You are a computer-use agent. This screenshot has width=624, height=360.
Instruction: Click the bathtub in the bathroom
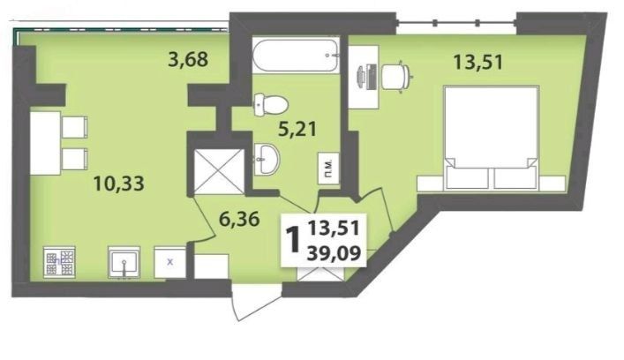(296, 55)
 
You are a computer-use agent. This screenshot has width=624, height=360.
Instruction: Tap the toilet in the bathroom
(271, 104)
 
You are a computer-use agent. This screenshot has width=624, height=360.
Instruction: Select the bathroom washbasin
(266, 159)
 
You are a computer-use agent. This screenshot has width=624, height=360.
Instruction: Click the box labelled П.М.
(328, 168)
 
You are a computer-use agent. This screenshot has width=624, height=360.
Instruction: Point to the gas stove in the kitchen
(59, 261)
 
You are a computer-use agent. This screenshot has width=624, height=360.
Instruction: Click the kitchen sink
(124, 261)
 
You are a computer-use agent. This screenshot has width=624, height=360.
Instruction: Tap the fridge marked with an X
(170, 262)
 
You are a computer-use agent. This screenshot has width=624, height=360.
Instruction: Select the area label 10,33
(118, 184)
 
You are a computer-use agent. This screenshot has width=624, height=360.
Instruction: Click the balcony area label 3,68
(188, 60)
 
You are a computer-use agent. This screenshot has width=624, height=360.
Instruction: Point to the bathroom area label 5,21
(297, 130)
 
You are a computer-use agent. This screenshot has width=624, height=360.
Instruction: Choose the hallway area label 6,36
(239, 219)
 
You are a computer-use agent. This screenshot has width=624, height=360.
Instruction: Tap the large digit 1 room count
(293, 240)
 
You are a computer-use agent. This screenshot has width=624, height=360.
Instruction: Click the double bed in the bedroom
(491, 138)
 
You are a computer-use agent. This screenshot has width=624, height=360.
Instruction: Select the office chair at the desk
(396, 75)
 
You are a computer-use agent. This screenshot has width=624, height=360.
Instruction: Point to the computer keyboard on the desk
(372, 76)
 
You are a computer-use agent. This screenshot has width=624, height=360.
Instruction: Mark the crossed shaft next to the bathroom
(219, 171)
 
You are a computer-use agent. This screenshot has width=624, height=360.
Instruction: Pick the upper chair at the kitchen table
(75, 127)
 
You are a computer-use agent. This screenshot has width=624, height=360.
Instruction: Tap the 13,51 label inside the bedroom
(478, 62)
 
